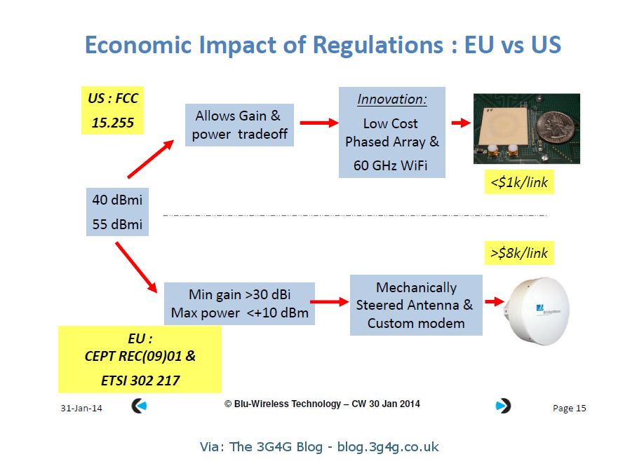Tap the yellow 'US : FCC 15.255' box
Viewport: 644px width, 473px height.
pyautogui.click(x=112, y=111)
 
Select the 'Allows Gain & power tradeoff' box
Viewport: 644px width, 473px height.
pyautogui.click(x=239, y=125)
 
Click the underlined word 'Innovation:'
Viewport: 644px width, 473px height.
pyautogui.click(x=391, y=100)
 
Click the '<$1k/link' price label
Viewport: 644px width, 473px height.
pyautogui.click(x=519, y=183)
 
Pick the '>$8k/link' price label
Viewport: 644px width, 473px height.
pyautogui.click(x=519, y=253)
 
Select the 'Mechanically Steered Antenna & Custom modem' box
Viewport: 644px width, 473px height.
pyautogui.click(x=415, y=306)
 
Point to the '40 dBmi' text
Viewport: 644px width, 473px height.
pyautogui.click(x=117, y=200)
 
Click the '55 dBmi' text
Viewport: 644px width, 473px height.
pyautogui.click(x=117, y=224)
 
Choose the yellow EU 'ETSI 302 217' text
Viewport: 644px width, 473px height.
pyautogui.click(x=140, y=381)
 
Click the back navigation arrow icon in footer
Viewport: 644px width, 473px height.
pyautogui.click(x=140, y=406)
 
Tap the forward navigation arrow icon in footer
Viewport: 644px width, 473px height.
pyautogui.click(x=503, y=406)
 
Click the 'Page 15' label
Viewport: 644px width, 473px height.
pyautogui.click(x=569, y=409)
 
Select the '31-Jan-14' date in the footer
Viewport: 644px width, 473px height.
pyautogui.click(x=81, y=409)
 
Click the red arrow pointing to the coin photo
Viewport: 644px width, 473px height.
pyautogui.click(x=460, y=123)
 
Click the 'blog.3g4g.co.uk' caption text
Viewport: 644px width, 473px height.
pyautogui.click(x=387, y=446)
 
